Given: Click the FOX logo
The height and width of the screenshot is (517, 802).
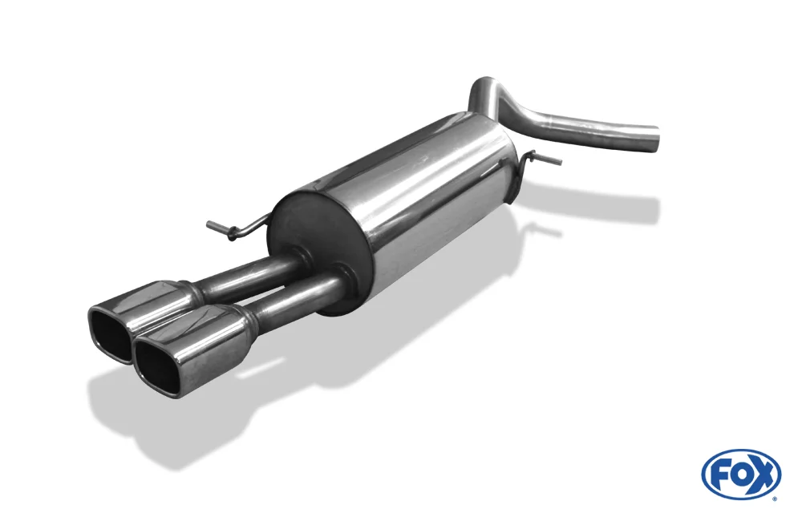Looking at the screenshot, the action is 742,474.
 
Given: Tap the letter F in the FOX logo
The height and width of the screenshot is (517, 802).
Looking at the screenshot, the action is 719,475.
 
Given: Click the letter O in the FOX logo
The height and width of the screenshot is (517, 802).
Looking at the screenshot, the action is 739,475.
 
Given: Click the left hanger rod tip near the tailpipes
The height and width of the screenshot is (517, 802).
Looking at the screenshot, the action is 210,224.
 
